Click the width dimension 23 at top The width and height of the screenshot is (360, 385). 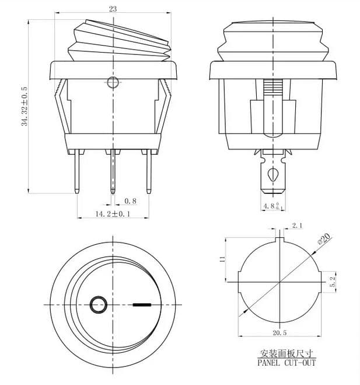coord(113,9)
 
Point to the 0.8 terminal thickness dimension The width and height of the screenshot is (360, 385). coord(131,201)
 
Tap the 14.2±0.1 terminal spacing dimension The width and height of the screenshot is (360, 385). coord(113,214)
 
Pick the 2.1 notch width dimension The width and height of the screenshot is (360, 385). coord(296,225)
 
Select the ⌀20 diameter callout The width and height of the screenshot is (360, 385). coord(323,239)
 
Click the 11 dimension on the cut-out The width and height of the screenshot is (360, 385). coord(222,259)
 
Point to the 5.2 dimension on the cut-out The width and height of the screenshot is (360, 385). coord(332,283)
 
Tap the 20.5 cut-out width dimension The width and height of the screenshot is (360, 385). coord(279,333)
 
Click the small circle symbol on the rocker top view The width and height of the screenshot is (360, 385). coord(98,304)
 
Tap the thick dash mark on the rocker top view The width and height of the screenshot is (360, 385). coord(142,304)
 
